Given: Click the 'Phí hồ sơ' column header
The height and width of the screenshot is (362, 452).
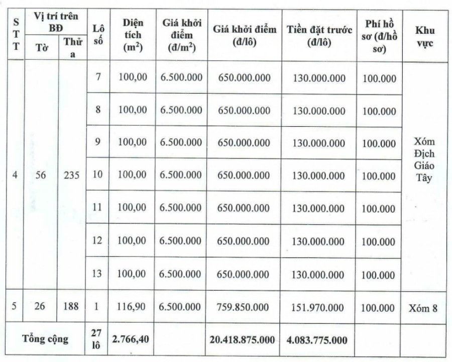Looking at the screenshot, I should (x=379, y=35).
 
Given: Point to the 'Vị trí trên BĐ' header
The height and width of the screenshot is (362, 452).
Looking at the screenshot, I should (x=55, y=22).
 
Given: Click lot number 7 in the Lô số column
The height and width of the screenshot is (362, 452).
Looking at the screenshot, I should (x=98, y=78).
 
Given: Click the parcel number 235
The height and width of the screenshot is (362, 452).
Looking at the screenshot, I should (x=72, y=176).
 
